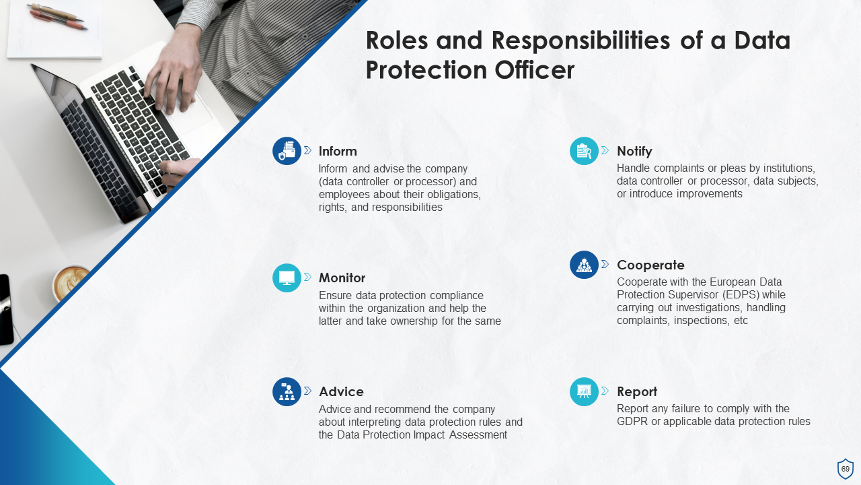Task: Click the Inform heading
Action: click(338, 151)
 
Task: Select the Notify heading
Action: click(634, 151)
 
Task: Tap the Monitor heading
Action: click(342, 278)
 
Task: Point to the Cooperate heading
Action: click(650, 265)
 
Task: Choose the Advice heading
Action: click(341, 391)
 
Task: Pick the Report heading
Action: click(636, 391)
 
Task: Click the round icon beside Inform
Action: click(287, 151)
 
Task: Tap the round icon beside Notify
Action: click(584, 151)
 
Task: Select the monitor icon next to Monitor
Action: click(287, 278)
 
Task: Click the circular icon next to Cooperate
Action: click(584, 265)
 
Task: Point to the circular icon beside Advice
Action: click(287, 391)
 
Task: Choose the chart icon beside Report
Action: click(584, 391)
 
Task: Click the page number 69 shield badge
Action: click(845, 469)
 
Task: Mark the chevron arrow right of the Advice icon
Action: click(307, 391)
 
